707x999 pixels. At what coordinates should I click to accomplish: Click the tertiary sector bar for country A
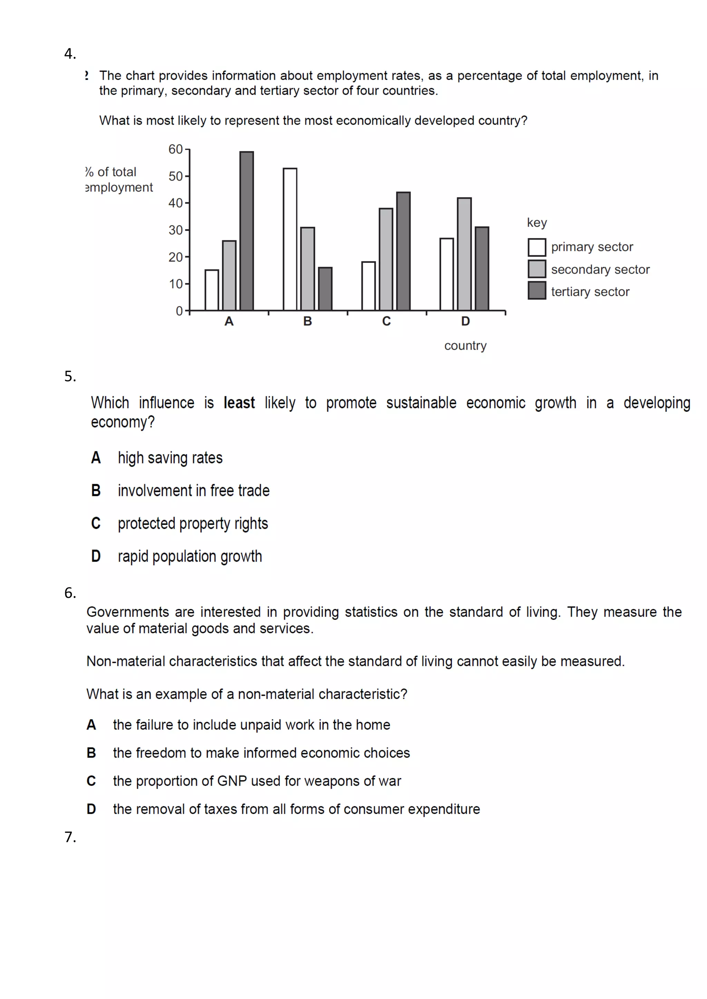coord(246,231)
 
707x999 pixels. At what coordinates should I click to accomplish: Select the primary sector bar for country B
coord(290,239)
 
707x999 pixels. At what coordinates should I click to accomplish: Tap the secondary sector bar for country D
coord(464,254)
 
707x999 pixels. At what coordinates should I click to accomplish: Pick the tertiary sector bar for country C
coord(403,251)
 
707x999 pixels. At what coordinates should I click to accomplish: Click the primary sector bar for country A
coord(212,290)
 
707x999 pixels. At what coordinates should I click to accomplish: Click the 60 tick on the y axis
coord(175,149)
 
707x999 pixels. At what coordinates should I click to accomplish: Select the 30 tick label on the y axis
coord(175,230)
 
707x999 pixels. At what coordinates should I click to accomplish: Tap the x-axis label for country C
coord(386,321)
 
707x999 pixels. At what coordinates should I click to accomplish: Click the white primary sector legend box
coord(536,247)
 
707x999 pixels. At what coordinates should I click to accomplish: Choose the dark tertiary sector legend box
coord(536,290)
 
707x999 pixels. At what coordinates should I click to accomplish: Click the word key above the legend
coord(536,222)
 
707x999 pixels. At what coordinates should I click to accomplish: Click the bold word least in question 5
coord(239,403)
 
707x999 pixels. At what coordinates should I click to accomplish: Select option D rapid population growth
coord(190,556)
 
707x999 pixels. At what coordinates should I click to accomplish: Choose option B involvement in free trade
coord(193,491)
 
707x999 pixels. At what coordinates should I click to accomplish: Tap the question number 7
coord(70,837)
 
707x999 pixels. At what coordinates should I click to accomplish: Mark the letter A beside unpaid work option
coord(91,724)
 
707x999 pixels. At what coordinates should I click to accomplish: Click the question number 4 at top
coord(70,53)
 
